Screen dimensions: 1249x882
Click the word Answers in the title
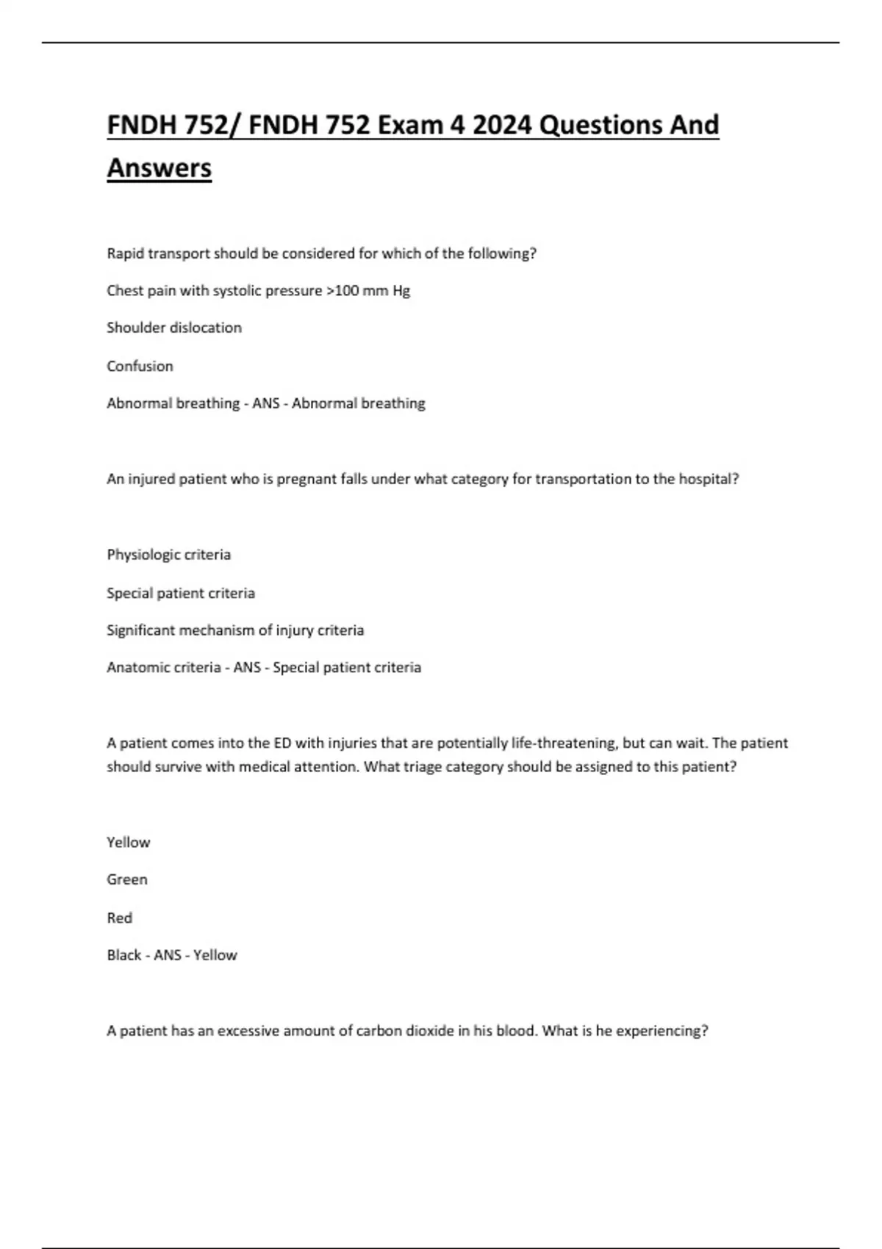click(159, 168)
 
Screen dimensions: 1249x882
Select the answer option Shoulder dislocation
click(174, 328)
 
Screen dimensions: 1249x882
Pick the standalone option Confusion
click(140, 366)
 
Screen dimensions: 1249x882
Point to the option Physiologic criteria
click(168, 555)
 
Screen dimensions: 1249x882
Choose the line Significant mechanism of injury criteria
click(235, 630)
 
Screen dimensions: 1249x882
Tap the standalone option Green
click(127, 879)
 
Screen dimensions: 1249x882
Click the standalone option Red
click(119, 918)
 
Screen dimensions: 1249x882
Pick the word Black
click(123, 955)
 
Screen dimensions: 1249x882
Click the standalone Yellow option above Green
click(128, 842)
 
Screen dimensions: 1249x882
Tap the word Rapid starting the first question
click(125, 253)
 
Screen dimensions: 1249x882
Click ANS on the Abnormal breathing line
click(265, 403)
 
